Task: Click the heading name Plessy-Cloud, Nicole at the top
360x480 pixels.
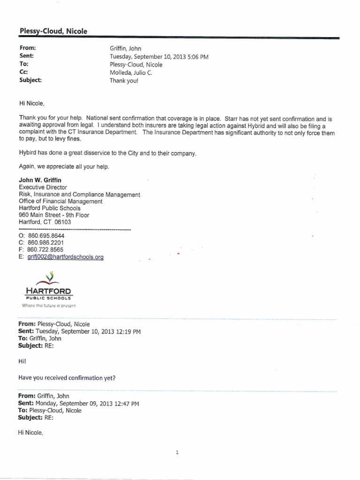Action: tap(53, 31)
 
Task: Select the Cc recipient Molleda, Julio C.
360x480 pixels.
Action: tap(131, 73)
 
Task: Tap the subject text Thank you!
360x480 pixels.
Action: tap(124, 80)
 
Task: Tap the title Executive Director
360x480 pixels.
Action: tap(43, 187)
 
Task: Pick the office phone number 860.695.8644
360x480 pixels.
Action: tap(45, 236)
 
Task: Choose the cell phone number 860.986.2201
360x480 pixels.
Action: tap(45, 243)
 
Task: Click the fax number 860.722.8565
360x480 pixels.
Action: tap(45, 250)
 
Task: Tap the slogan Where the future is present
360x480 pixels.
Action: tap(45, 306)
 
